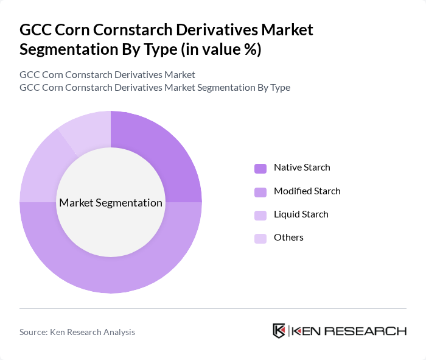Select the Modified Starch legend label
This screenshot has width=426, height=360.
click(x=307, y=191)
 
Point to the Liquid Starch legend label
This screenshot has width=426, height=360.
click(x=301, y=214)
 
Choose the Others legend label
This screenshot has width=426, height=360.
click(x=288, y=238)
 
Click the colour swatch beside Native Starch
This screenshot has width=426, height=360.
click(x=260, y=168)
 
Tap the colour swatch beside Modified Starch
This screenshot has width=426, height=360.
click(x=260, y=192)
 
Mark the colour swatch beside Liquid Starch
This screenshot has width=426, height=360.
click(x=260, y=215)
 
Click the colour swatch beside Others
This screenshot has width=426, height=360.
click(x=260, y=238)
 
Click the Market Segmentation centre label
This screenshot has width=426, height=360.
click(x=111, y=203)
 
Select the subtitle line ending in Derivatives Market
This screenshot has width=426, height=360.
click(x=107, y=75)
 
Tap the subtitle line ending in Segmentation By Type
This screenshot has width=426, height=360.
click(x=155, y=88)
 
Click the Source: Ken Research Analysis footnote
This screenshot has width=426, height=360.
click(x=77, y=332)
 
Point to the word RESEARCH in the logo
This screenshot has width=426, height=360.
click(x=371, y=331)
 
